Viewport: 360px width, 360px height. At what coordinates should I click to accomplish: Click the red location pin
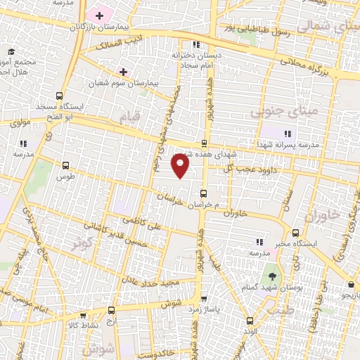(x=181, y=167)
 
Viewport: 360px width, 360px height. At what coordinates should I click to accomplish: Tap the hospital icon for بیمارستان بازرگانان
(x=100, y=15)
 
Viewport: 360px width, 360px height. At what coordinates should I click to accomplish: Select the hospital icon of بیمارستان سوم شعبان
(x=124, y=72)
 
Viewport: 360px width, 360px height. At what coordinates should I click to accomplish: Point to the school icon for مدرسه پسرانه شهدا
(x=286, y=133)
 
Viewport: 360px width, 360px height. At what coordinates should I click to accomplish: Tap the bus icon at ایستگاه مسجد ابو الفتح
(x=59, y=96)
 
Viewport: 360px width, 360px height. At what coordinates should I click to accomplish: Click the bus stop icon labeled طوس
(x=66, y=166)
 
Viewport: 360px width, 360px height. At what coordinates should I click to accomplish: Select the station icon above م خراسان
(x=204, y=193)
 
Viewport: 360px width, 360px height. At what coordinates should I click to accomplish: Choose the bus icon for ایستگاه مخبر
(x=295, y=233)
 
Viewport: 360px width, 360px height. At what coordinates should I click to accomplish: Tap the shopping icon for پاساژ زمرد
(x=203, y=298)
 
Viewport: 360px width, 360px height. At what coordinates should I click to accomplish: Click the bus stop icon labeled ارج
(x=111, y=309)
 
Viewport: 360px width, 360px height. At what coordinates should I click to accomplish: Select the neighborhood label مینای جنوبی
(x=313, y=110)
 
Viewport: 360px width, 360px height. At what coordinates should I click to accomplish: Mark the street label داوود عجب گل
(x=247, y=169)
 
